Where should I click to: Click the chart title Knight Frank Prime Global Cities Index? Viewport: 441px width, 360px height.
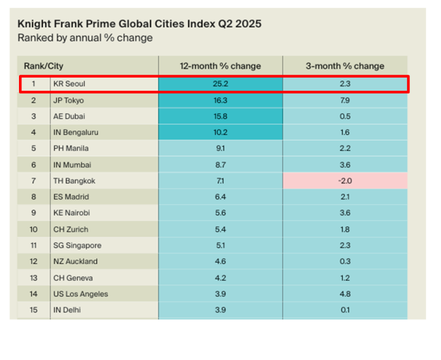(x=139, y=24)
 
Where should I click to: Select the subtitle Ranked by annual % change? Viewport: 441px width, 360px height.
(x=85, y=38)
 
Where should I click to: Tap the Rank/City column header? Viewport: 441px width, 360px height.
(x=44, y=66)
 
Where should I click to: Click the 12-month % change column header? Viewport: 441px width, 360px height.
(x=220, y=66)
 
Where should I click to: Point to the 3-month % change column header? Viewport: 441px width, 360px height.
(x=345, y=66)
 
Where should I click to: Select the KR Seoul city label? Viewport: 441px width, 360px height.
(x=69, y=84)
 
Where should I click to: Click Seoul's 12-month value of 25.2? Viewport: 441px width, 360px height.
(x=220, y=84)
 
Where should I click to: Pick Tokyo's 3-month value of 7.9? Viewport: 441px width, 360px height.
(x=345, y=100)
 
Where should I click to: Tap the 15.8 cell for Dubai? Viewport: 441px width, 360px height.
(x=220, y=116)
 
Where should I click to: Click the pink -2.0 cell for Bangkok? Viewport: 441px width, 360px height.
(x=345, y=180)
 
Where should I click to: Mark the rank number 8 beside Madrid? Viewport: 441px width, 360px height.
(x=34, y=197)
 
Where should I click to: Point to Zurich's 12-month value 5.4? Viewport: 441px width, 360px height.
(x=220, y=229)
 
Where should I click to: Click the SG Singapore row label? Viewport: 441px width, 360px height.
(x=77, y=246)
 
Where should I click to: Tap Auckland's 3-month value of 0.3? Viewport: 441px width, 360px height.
(x=345, y=262)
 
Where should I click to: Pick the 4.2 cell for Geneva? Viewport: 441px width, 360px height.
(x=220, y=278)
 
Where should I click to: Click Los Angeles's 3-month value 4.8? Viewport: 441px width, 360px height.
(x=345, y=294)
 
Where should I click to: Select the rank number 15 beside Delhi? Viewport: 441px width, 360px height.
(x=34, y=310)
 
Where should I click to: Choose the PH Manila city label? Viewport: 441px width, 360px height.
(x=71, y=148)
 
